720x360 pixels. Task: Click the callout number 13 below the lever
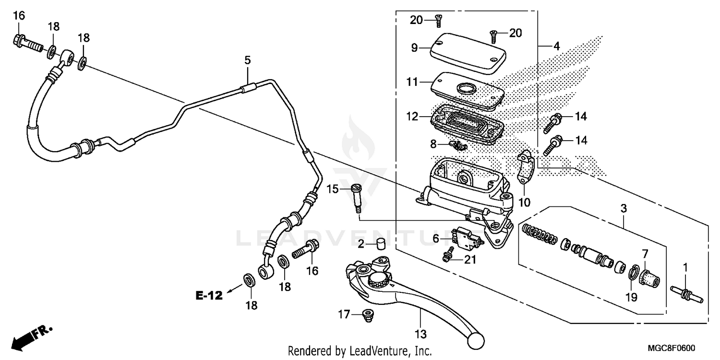coord(420,334)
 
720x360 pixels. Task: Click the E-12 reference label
coord(209,296)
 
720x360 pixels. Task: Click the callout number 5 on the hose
coord(247,60)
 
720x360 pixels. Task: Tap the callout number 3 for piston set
coord(623,209)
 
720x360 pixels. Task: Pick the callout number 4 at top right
coord(556,47)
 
